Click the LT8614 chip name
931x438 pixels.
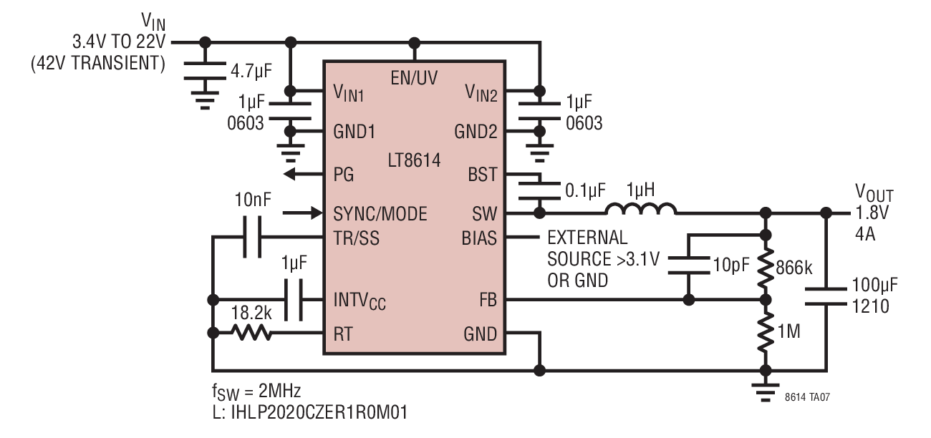(x=414, y=160)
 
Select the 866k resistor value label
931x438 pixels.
(x=793, y=268)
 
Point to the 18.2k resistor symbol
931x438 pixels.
(x=251, y=333)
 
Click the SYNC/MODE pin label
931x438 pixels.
(x=380, y=214)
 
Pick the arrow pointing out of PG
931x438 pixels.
(x=304, y=174)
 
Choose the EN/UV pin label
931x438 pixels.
(x=414, y=78)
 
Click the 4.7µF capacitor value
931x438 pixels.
(x=251, y=71)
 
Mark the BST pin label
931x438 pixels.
(x=482, y=175)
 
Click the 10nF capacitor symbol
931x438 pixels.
(x=252, y=237)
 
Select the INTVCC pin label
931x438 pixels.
(x=360, y=301)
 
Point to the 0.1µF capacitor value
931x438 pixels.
(x=585, y=190)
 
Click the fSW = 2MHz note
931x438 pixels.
(x=256, y=391)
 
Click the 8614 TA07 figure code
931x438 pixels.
(x=807, y=397)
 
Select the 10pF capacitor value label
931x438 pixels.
(x=731, y=265)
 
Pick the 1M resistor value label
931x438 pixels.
(x=788, y=331)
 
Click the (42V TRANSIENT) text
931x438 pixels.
(x=98, y=63)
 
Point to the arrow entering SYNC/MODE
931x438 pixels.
(x=302, y=213)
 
